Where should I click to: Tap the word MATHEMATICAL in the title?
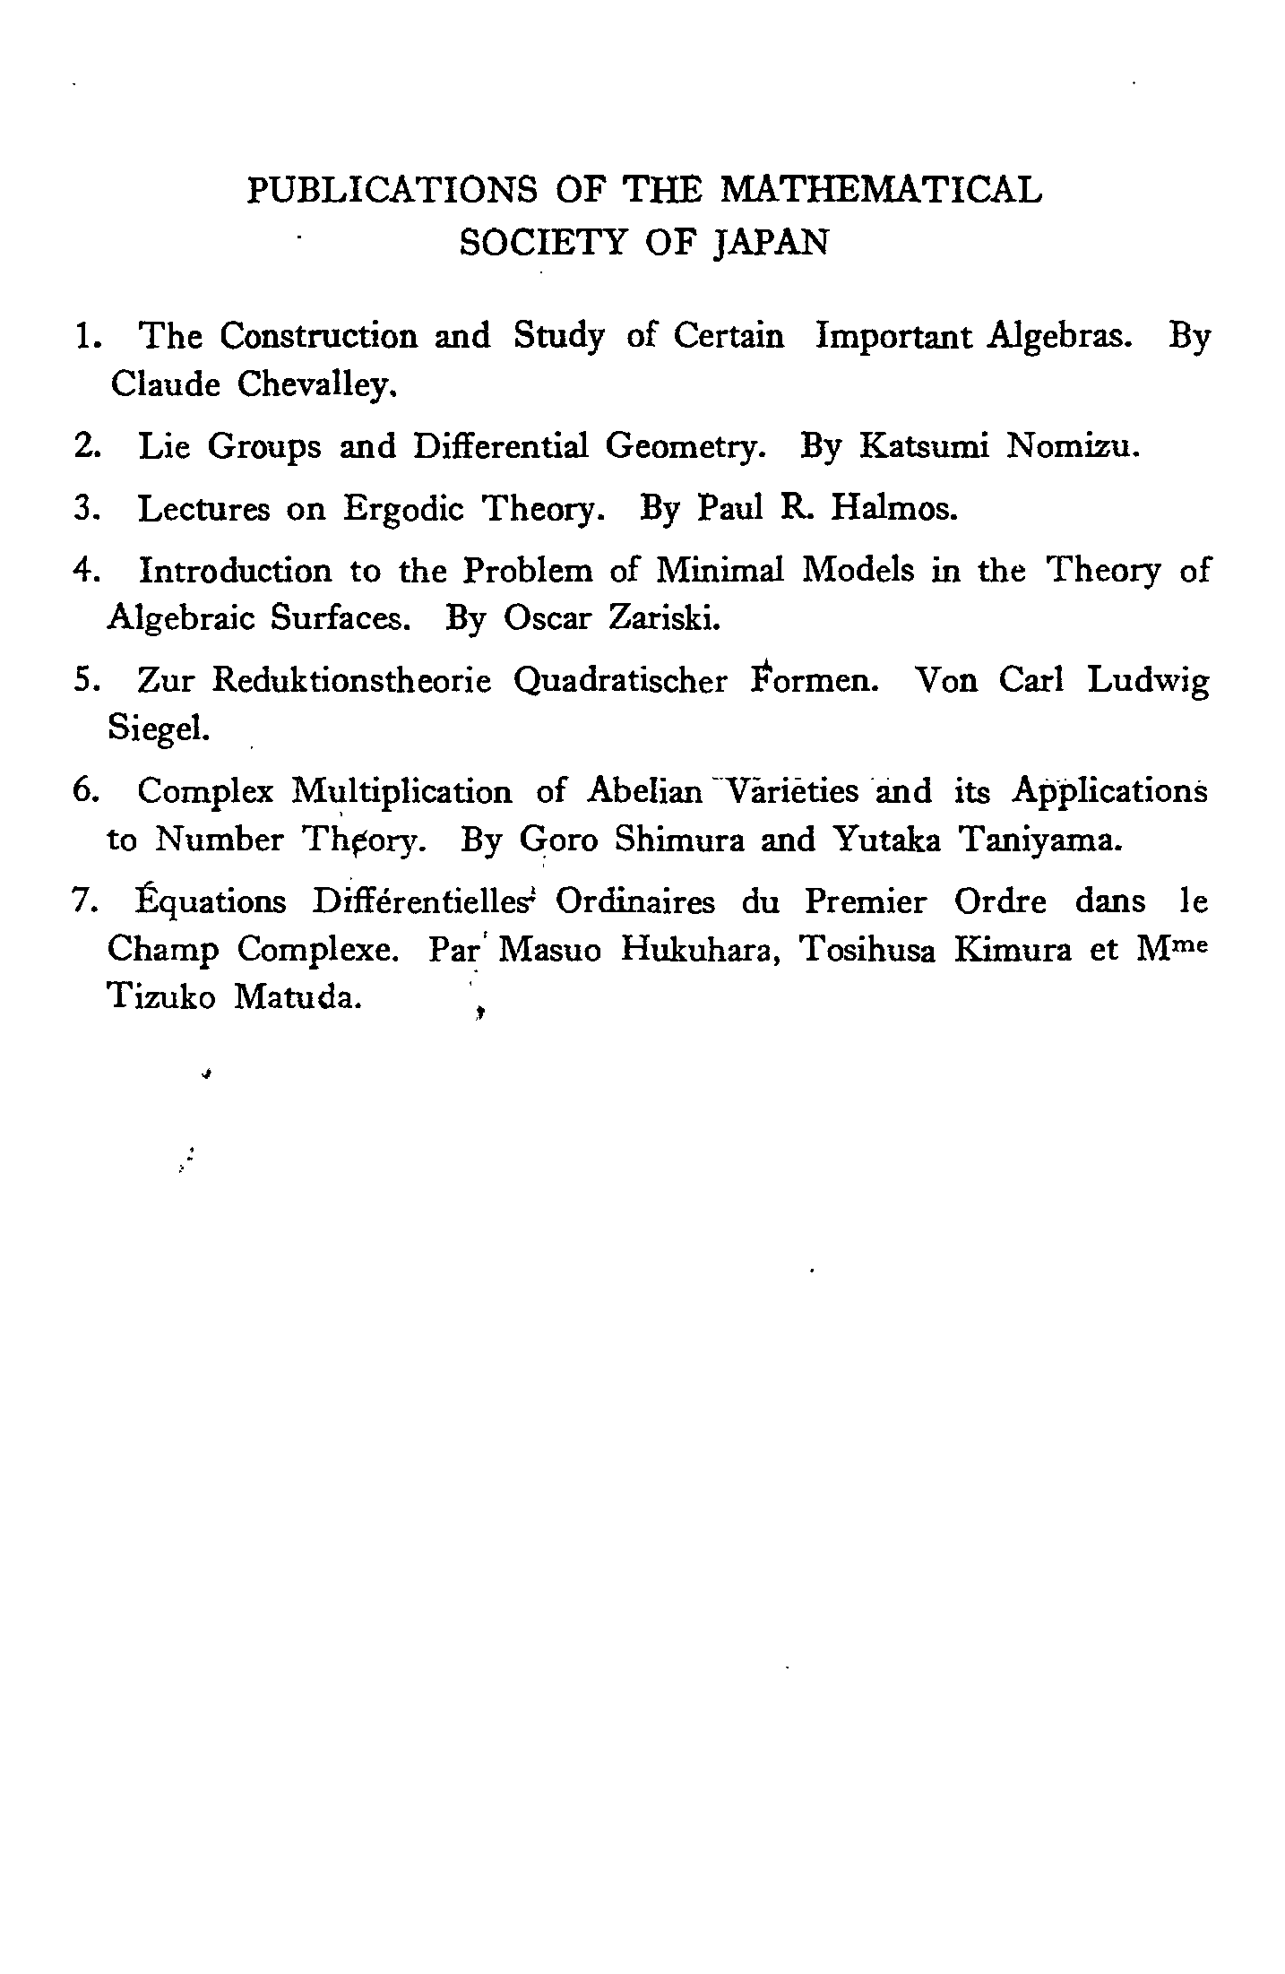881,190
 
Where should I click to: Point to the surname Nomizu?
1073,445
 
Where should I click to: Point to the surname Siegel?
158,729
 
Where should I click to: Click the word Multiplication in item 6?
402,792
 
